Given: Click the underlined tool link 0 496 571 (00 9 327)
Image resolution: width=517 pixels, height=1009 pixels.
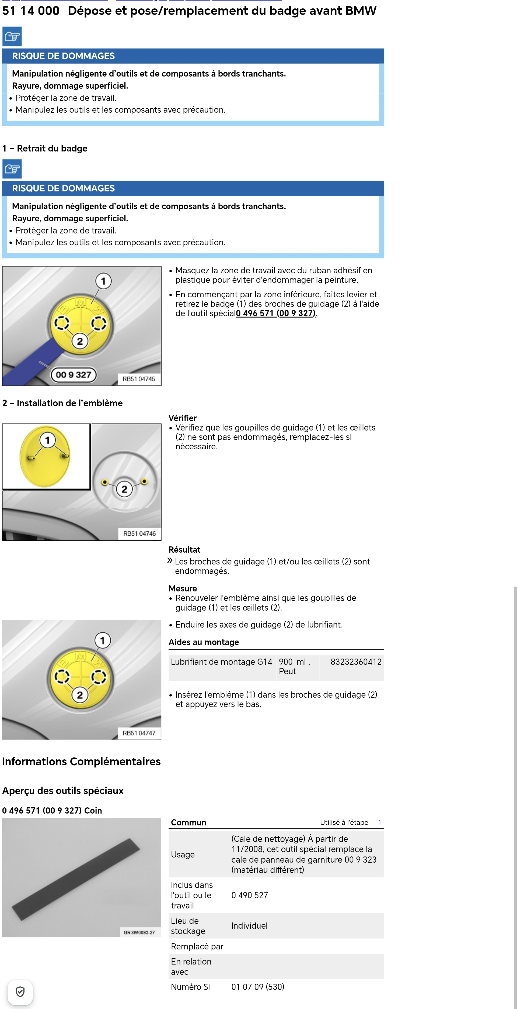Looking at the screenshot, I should click(x=276, y=313).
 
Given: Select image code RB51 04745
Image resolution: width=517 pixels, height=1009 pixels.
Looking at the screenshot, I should click(x=139, y=379).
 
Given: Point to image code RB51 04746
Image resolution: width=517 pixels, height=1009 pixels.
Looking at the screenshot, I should click(x=139, y=533).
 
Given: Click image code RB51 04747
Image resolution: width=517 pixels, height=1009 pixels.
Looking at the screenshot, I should click(x=139, y=733).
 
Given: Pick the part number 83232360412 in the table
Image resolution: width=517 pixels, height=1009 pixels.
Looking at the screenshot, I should click(x=356, y=662).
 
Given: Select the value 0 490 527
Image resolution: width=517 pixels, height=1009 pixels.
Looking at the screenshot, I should click(x=250, y=895).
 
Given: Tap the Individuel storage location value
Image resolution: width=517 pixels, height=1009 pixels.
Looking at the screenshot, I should click(x=249, y=926).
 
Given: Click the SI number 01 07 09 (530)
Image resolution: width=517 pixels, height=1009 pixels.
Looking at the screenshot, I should click(x=257, y=987).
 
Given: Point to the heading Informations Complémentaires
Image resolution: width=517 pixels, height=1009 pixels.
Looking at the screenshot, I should click(x=81, y=762).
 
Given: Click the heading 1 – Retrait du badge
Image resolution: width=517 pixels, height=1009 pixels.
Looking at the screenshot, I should click(x=45, y=149).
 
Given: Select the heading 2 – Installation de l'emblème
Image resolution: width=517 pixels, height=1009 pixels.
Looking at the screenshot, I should click(x=63, y=403).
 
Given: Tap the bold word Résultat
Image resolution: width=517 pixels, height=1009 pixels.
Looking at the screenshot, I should click(x=184, y=550).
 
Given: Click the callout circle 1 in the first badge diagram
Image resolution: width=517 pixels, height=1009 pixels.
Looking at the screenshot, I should click(x=103, y=281).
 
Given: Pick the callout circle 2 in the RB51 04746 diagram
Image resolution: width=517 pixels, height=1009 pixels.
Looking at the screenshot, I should click(x=124, y=489).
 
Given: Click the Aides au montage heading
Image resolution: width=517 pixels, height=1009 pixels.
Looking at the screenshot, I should click(x=204, y=642).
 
